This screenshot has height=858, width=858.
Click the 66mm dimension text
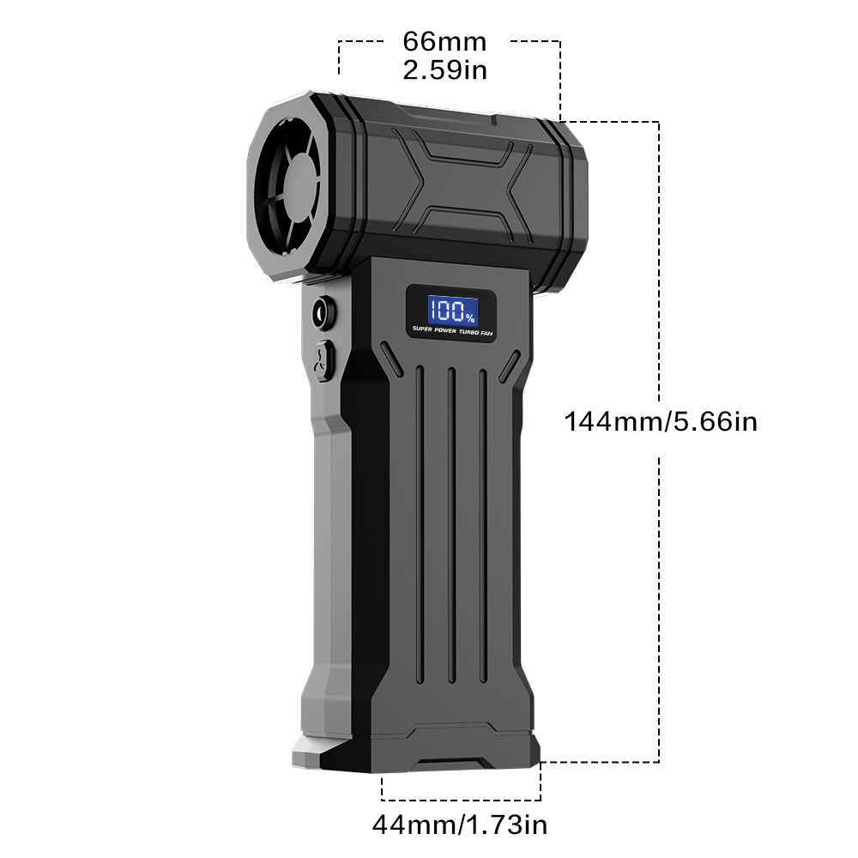444,41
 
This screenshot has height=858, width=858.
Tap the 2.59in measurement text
444,70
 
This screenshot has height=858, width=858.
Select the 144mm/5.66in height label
661,422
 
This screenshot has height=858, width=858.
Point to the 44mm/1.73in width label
460,824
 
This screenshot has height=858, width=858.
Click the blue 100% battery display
452,311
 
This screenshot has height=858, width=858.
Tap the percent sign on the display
470,317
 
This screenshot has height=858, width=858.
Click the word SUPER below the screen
422,329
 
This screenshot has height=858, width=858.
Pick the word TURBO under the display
469,331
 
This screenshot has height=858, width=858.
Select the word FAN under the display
486,333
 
